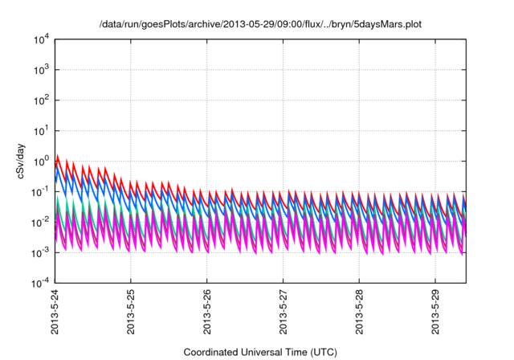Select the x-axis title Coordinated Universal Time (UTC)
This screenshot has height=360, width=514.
coord(260,352)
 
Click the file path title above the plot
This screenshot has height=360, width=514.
coord(260,25)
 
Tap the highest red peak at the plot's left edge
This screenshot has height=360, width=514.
coord(57,156)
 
